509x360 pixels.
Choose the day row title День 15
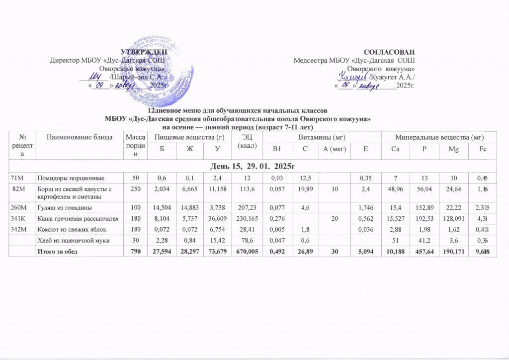pos(254,165)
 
